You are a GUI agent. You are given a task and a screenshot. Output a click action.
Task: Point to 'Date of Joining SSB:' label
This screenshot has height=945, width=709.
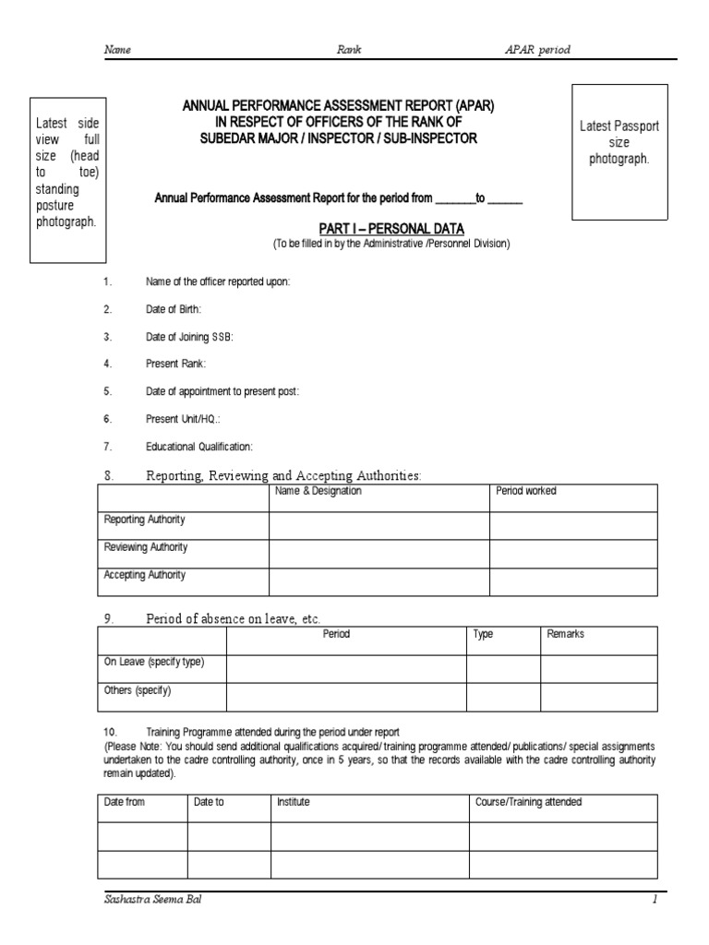(x=189, y=337)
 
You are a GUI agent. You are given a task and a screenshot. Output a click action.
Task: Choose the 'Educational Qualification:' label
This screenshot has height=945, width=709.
(x=198, y=447)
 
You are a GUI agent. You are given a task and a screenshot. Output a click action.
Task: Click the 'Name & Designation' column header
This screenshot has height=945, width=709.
(x=318, y=491)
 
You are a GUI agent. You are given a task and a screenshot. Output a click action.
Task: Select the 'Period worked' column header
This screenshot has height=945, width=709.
(x=526, y=491)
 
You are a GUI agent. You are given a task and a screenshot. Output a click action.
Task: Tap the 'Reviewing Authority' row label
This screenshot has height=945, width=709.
(x=146, y=547)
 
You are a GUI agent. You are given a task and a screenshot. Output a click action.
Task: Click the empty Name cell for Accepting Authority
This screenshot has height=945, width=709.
(x=379, y=581)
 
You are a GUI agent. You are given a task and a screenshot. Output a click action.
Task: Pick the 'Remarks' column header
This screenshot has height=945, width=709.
(x=566, y=635)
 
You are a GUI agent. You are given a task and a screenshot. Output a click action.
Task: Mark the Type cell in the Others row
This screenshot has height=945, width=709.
(x=502, y=697)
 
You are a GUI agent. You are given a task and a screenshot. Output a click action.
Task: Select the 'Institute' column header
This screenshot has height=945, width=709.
(x=294, y=803)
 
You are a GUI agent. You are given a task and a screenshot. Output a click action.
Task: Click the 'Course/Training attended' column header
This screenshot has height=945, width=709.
(x=528, y=803)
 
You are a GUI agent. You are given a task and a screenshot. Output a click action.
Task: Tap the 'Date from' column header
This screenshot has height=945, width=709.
(x=125, y=803)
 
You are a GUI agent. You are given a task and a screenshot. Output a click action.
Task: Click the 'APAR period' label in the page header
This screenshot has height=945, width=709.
(x=536, y=50)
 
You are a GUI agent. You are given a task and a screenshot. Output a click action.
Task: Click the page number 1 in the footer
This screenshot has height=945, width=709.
(x=654, y=902)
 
